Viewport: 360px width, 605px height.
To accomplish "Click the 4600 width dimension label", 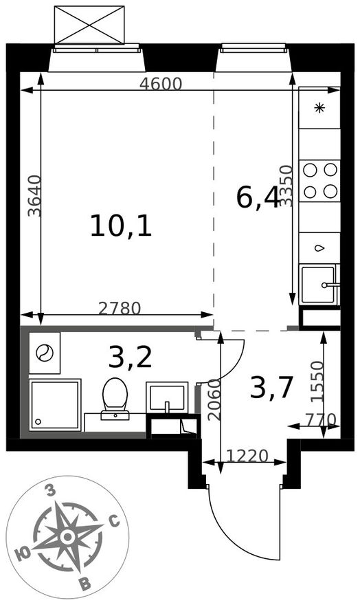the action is (x=160, y=84).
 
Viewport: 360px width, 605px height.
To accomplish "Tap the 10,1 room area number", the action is (x=121, y=226).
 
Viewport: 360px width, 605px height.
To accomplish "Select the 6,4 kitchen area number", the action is (x=258, y=199).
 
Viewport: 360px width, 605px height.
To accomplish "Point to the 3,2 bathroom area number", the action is (x=130, y=357).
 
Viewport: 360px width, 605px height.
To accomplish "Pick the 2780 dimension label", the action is (x=120, y=308).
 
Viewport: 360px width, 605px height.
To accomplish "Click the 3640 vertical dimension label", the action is (x=34, y=196).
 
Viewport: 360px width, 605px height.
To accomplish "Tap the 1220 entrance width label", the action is (x=247, y=456).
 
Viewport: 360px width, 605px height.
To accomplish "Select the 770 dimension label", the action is (x=321, y=419).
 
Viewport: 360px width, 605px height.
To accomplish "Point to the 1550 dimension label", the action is (x=318, y=382).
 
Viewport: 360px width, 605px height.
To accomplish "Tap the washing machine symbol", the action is (x=45, y=353).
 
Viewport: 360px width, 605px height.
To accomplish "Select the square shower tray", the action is (x=55, y=405).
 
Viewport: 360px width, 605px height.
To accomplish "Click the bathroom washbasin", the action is (x=167, y=397).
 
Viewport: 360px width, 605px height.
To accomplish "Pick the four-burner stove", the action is (x=319, y=181).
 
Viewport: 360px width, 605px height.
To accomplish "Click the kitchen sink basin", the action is (x=318, y=285).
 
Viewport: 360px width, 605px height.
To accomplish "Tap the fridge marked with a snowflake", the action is (x=319, y=108).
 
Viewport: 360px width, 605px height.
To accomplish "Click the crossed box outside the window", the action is (x=89, y=25).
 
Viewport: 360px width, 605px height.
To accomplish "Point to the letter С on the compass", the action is (x=114, y=522).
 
